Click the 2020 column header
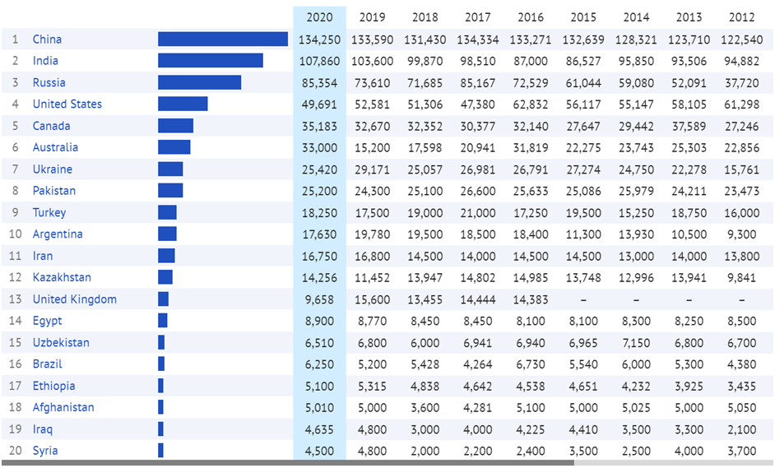point(319,17)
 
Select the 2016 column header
point(531,17)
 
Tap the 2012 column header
point(742,17)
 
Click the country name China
point(47,39)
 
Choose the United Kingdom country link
point(74,299)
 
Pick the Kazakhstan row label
point(62,277)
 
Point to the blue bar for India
point(211,61)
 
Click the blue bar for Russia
point(199,82)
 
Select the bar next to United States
point(183,104)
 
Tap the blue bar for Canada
point(175,126)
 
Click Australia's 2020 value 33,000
point(319,147)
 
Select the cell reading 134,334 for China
point(478,39)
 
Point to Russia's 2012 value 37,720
point(742,82)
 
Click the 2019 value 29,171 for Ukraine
point(372,169)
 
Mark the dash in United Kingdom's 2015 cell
point(583,299)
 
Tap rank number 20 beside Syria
point(15,451)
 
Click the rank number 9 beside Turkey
point(15,212)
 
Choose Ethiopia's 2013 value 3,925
point(689,386)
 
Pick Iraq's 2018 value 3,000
point(425,429)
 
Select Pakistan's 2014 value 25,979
point(636,191)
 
